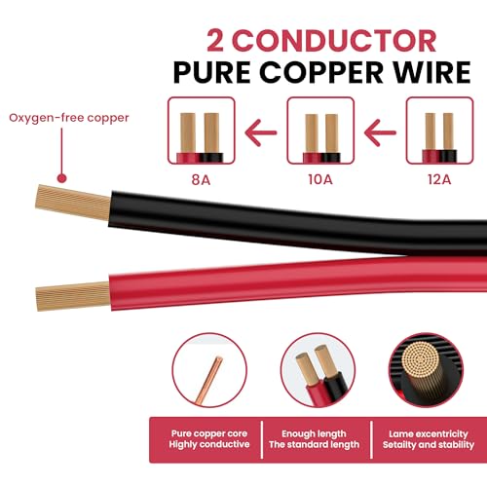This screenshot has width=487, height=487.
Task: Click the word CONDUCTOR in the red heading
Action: pos(335,41)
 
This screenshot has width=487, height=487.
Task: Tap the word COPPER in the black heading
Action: pos(321,72)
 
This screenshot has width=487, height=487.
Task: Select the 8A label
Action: pos(201,179)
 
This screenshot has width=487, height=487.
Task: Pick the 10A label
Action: pos(320,179)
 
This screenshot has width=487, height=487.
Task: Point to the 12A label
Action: pos(439,179)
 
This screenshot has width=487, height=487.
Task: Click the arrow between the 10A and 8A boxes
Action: pos(261,132)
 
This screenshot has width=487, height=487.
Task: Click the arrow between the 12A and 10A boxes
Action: pos(380,132)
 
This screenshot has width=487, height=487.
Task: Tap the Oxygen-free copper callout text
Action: pos(69,118)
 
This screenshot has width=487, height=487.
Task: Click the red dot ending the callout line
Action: pos(61,178)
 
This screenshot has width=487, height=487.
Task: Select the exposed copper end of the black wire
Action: pos(73,203)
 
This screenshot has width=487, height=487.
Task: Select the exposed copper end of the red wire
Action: pos(73,296)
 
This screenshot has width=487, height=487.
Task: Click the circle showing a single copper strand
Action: pos(209,370)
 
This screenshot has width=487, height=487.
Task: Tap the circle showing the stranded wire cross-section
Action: pos(426,370)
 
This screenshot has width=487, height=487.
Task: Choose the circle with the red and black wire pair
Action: pos(318,370)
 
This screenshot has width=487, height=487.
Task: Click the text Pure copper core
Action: pos(209,433)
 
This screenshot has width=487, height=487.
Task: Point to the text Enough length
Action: pos(314,433)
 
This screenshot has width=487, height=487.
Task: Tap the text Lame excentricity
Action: pos(429,433)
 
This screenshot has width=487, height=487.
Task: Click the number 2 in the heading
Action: pos(215,41)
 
